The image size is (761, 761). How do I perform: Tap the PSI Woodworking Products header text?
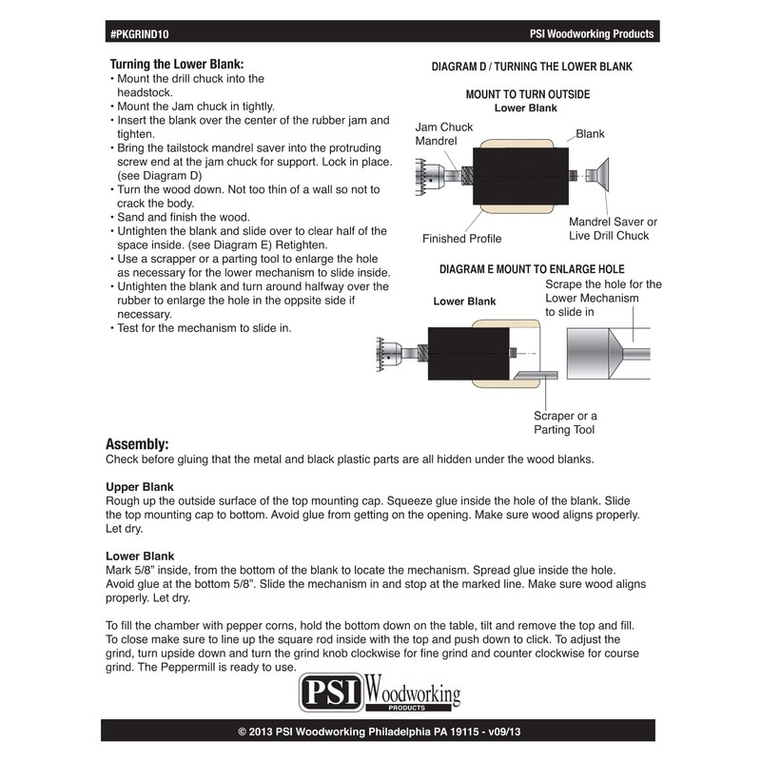click(591, 33)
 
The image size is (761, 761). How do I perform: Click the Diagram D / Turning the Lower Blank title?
click(531, 67)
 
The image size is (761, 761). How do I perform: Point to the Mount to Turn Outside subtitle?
click(527, 94)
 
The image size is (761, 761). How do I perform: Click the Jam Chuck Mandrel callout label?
click(443, 134)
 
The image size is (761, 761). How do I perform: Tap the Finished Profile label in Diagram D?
click(461, 239)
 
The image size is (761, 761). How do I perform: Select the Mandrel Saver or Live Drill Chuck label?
click(613, 228)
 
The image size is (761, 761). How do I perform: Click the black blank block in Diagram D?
click(521, 178)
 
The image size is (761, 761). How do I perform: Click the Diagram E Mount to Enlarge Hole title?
click(532, 269)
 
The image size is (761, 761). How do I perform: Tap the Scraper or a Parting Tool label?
click(565, 422)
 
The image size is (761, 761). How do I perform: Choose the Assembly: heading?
click(137, 444)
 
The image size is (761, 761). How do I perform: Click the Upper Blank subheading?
click(139, 486)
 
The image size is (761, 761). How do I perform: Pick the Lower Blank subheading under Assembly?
click(139, 556)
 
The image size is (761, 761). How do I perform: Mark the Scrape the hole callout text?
click(603, 298)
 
